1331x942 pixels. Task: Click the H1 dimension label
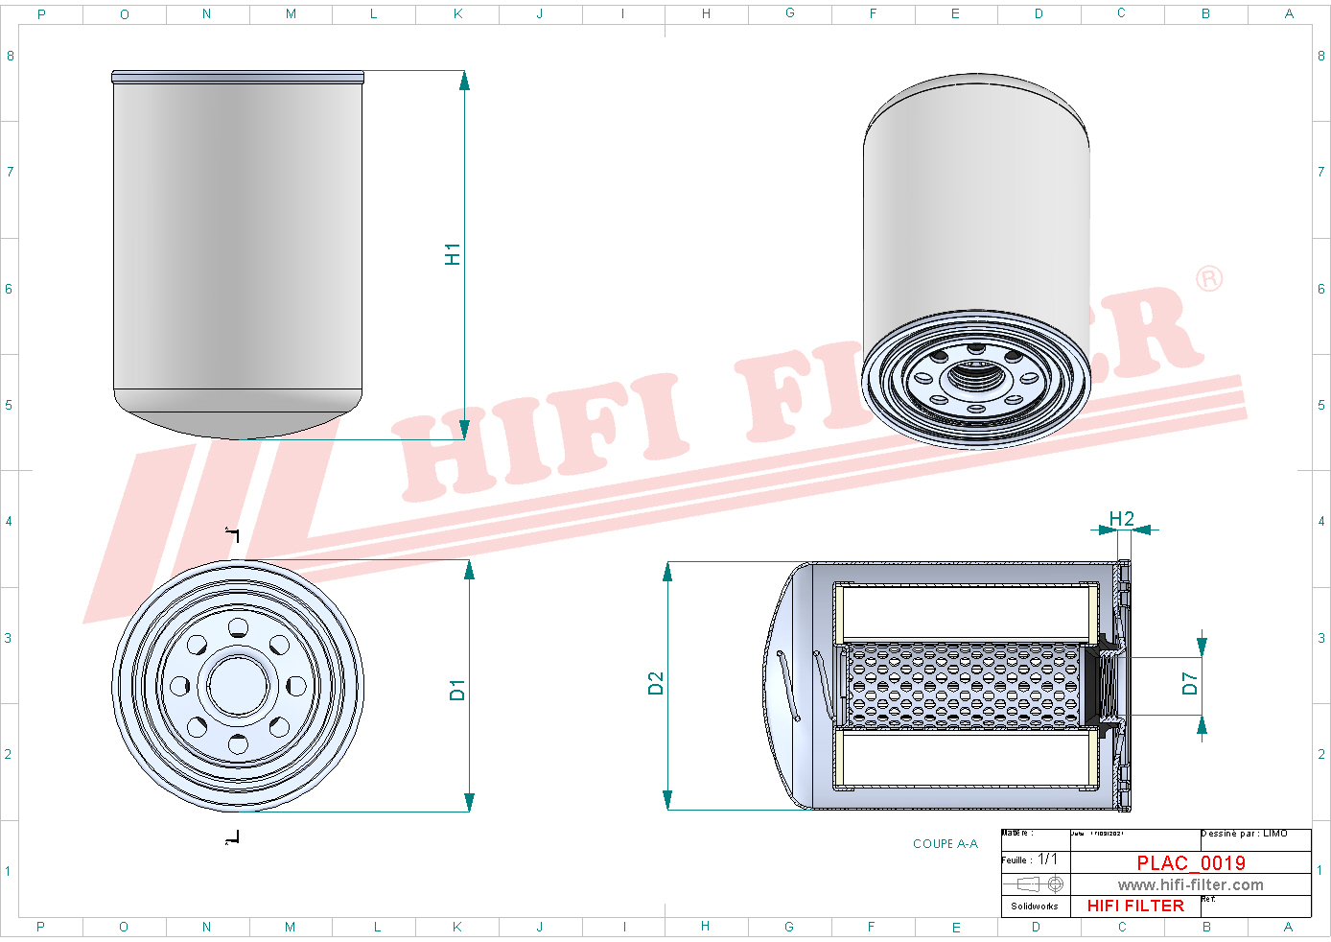453,254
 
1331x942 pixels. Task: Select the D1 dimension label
457,690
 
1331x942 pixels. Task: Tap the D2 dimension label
656,683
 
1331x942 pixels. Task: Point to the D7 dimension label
1190,683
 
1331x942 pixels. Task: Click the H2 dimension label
1121,519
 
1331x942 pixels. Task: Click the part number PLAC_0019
1191,863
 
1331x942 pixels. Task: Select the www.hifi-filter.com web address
1190,885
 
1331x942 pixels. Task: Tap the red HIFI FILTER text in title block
1135,906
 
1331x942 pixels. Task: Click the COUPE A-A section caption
945,844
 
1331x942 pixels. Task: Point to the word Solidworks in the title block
1034,906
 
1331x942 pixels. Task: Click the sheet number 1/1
1047,860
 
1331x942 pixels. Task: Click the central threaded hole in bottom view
238,685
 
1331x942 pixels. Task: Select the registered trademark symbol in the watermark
1209,278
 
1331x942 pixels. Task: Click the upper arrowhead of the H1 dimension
464,81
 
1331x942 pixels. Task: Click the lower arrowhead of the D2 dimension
667,800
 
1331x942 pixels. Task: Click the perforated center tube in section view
964,685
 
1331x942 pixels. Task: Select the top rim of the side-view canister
238,76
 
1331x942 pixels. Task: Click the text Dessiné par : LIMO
1244,834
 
